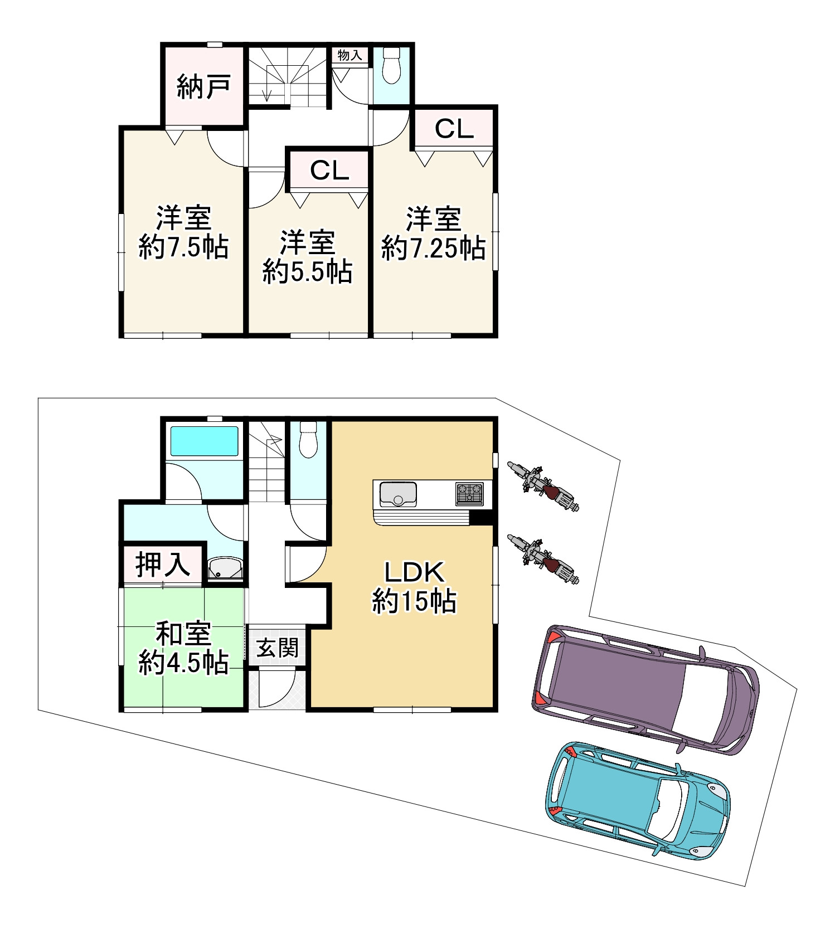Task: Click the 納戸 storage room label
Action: [x=203, y=87]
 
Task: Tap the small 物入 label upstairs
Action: [x=350, y=55]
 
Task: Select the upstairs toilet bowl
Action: [x=392, y=66]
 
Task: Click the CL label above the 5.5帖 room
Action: [x=329, y=171]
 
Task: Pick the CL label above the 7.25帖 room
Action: [x=454, y=129]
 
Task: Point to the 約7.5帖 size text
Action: [x=183, y=247]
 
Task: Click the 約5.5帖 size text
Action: [x=308, y=272]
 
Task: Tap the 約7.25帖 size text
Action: [x=433, y=248]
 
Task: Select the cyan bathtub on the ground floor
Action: [x=204, y=441]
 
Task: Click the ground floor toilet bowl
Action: [x=308, y=439]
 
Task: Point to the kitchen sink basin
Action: [x=398, y=494]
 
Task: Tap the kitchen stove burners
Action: [x=470, y=493]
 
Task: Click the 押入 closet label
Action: [x=163, y=565]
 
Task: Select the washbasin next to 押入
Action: [x=225, y=569]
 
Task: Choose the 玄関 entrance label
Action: [x=277, y=648]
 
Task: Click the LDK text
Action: [x=415, y=572]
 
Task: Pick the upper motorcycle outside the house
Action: [x=542, y=485]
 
